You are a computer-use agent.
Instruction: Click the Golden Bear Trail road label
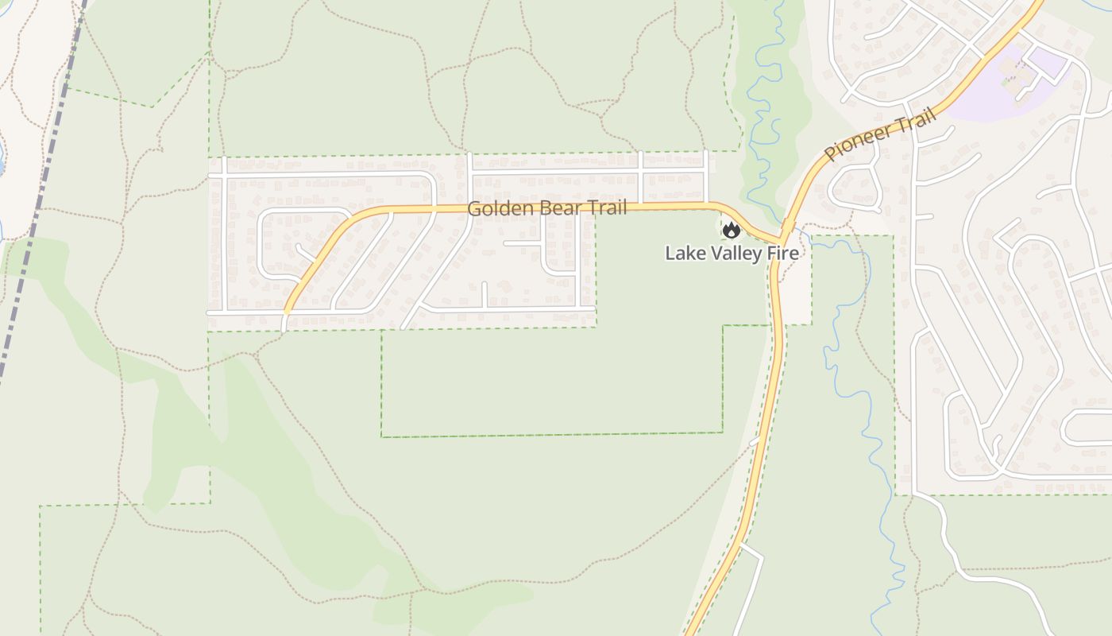546,208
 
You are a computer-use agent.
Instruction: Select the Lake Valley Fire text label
731,254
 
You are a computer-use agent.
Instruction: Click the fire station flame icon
731,231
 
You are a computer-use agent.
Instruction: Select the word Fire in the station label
783,254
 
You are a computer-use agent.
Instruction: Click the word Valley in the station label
738,254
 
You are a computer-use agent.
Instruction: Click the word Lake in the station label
683,254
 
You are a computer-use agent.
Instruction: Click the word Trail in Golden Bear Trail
606,208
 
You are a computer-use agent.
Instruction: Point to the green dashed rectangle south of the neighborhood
552,434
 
